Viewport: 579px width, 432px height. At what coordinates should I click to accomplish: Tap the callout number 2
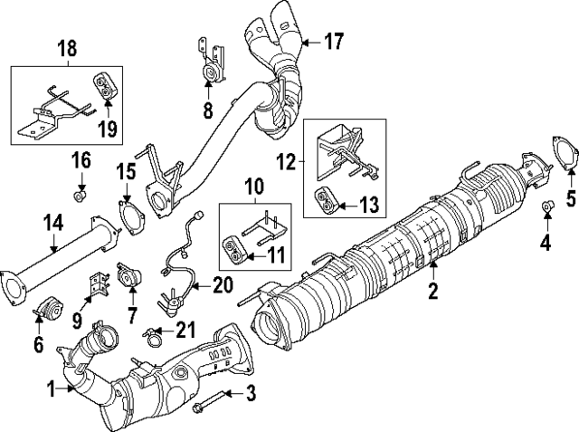(433, 291)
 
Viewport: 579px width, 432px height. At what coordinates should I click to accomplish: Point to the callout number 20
(223, 285)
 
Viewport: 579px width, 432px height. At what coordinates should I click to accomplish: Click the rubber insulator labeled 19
(107, 87)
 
